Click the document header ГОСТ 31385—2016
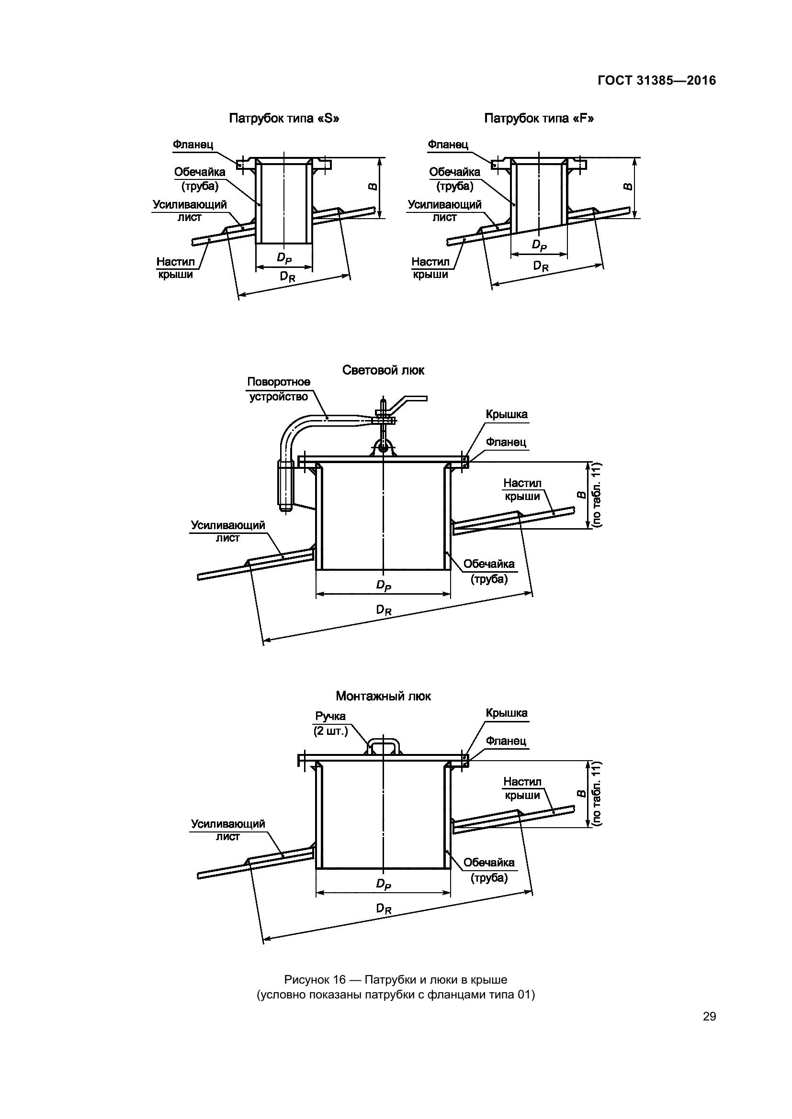656,80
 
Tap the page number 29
709,1016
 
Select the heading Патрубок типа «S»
284,119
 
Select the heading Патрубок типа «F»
539,119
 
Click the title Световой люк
383,370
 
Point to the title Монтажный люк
383,696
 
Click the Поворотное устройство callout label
279,389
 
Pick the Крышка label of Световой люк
506,414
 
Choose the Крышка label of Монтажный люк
506,713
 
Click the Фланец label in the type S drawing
192,145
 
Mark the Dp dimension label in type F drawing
539,245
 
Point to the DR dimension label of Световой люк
384,609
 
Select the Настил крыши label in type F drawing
430,268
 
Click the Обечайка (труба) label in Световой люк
489,571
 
